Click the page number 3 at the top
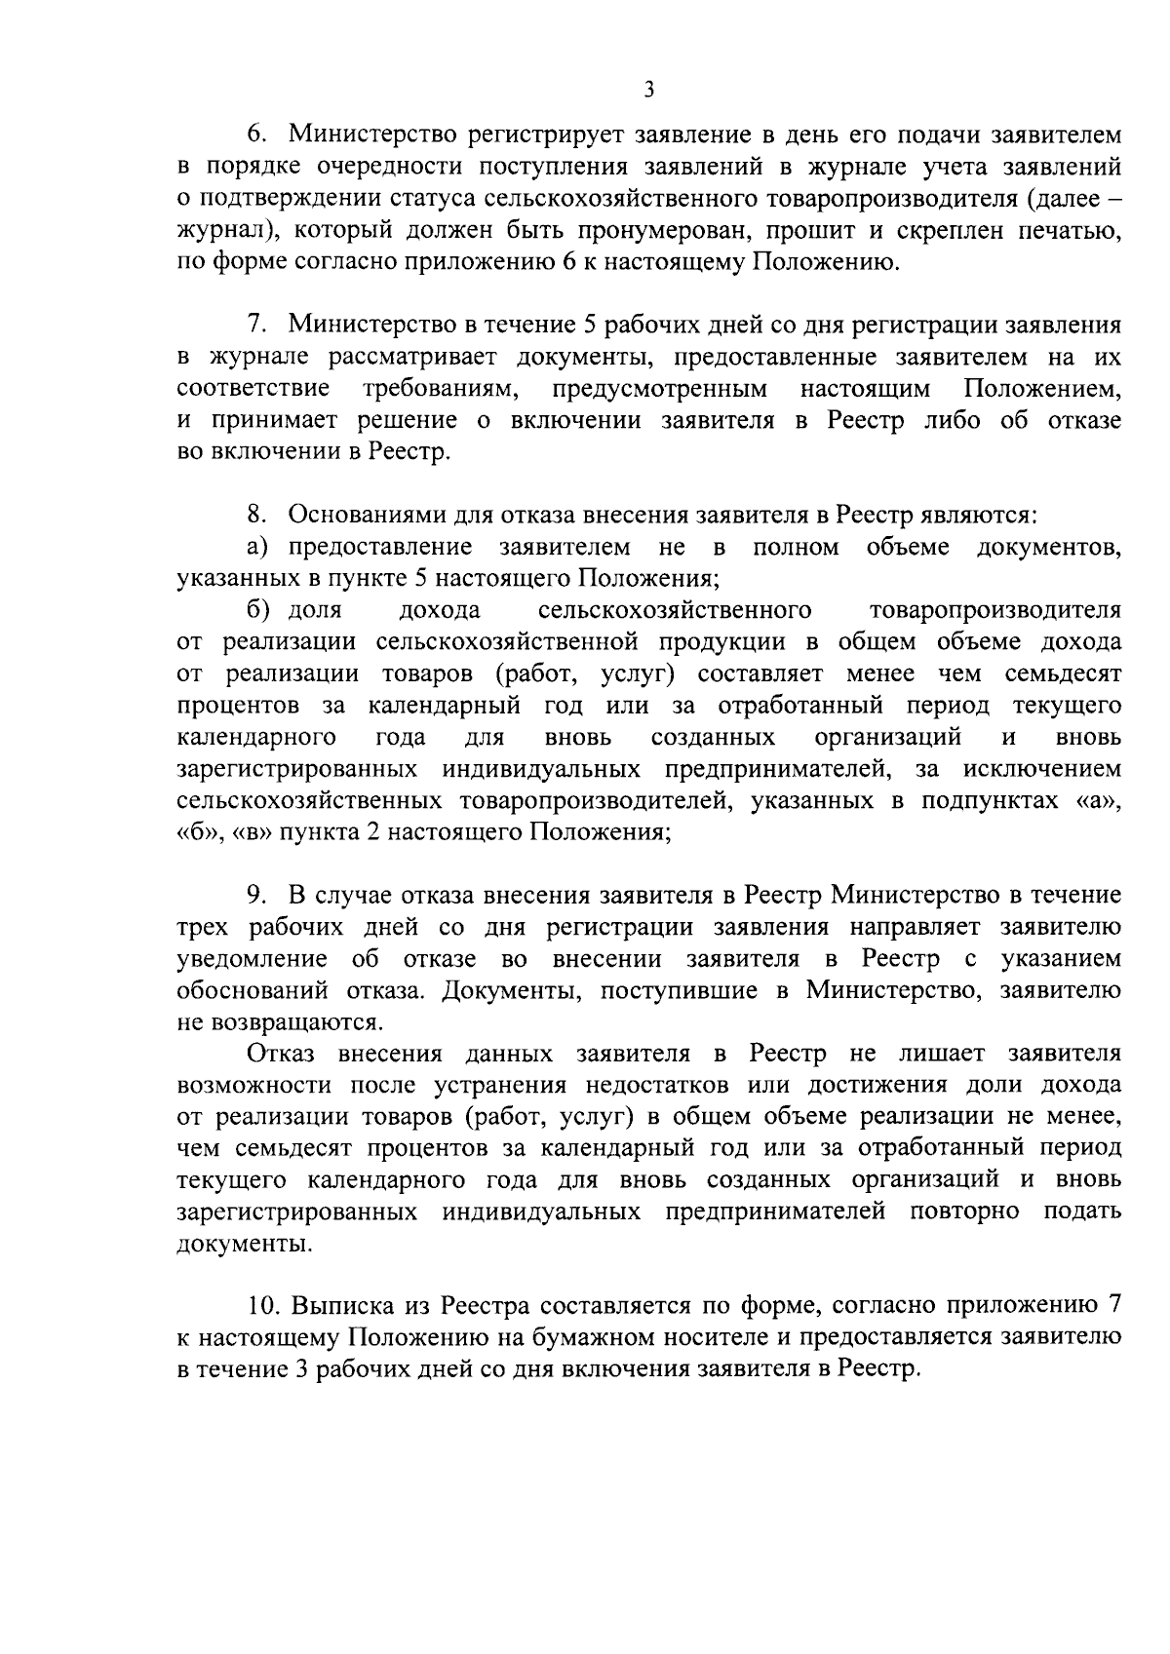[x=649, y=91]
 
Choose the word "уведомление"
[x=252, y=959]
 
